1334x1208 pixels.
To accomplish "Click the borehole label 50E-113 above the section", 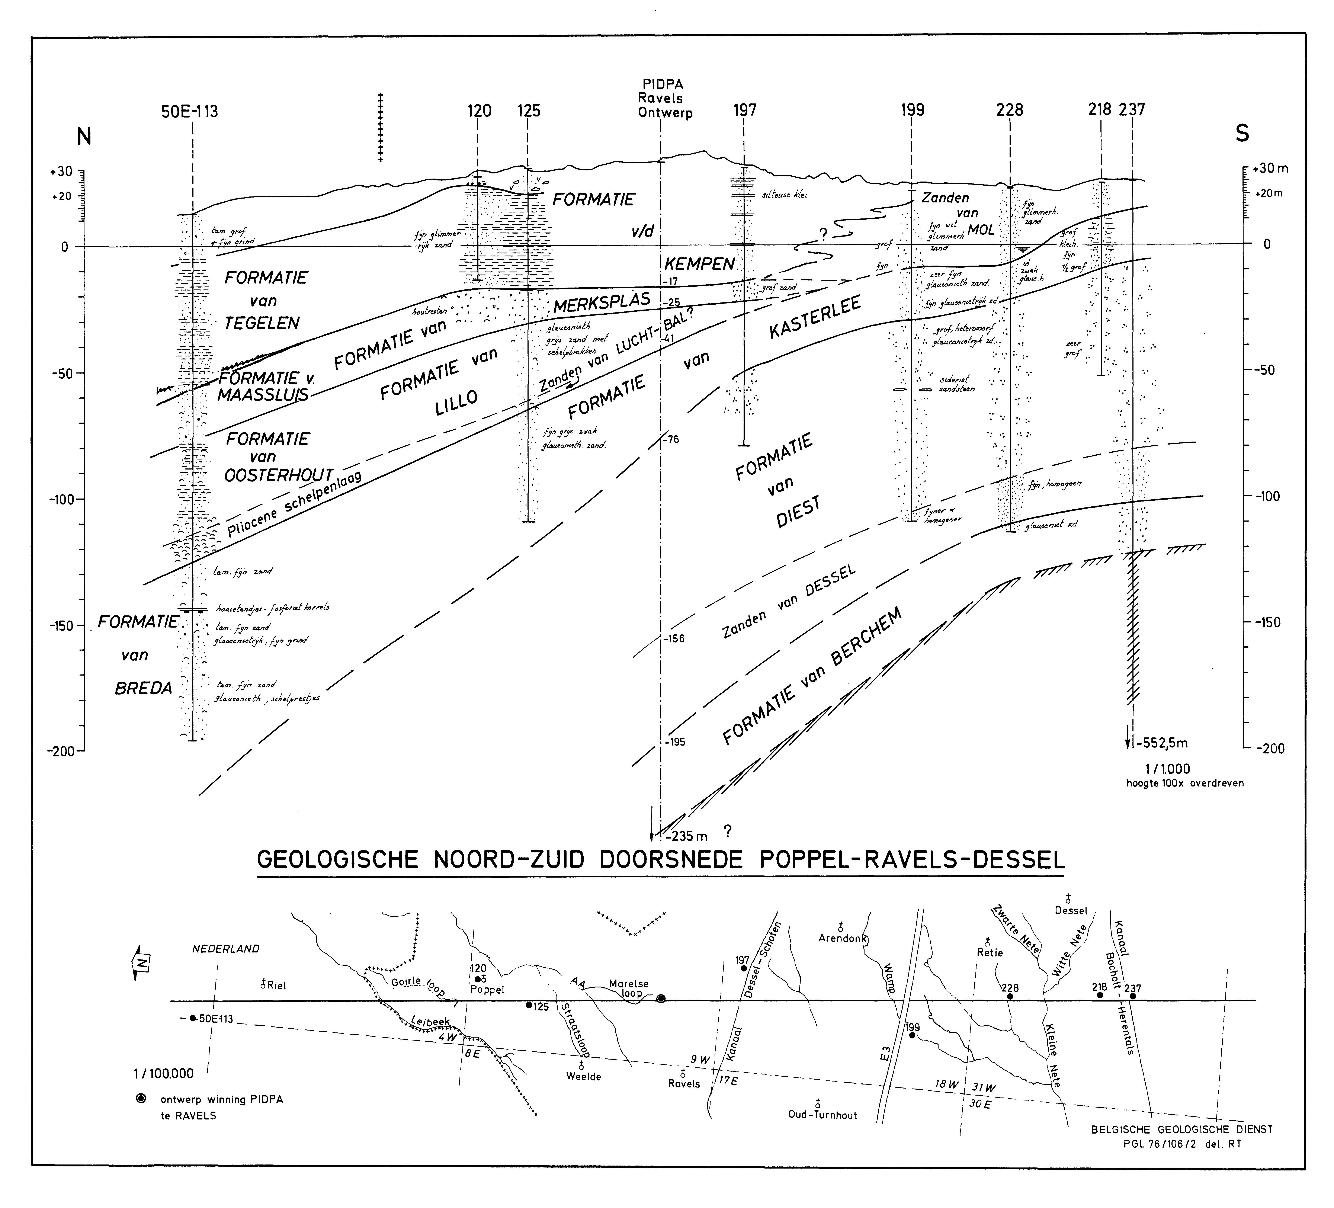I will (190, 111).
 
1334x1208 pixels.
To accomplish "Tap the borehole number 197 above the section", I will (745, 110).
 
